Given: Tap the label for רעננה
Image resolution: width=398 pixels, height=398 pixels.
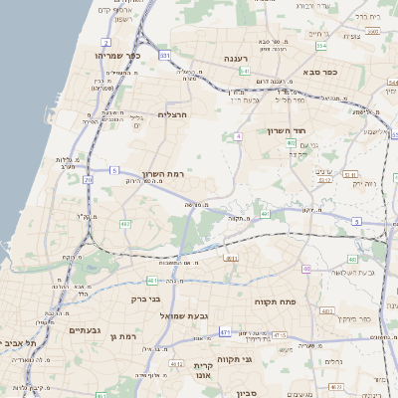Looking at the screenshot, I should click(x=236, y=59).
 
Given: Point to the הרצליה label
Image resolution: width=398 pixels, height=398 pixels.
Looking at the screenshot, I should click(x=173, y=115).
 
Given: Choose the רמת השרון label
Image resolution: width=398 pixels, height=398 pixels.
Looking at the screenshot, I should click(x=164, y=174).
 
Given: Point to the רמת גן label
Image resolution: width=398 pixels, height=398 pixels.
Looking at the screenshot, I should click(x=122, y=336).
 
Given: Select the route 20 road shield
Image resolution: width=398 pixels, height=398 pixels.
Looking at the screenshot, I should click(x=88, y=180).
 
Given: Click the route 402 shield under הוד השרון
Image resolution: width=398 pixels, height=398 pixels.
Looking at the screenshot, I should click(x=291, y=143).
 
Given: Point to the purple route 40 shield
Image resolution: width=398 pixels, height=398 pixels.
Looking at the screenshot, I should click(x=306, y=269).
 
